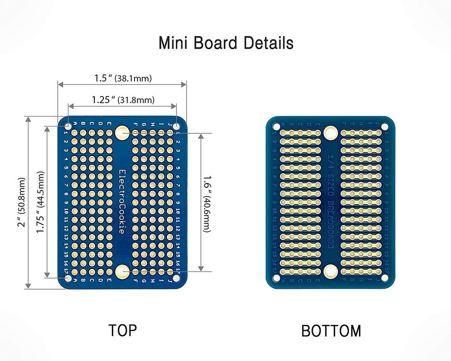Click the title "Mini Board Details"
(226, 43)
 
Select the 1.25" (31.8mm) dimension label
(123, 100)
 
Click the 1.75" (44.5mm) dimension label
(41, 202)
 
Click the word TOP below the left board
(122, 330)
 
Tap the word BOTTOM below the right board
(331, 331)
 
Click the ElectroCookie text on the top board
(121, 201)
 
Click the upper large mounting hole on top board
(122, 133)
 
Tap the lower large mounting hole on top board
(122, 272)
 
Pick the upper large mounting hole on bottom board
(331, 133)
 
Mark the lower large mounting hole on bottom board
(331, 271)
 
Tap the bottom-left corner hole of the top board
(67, 279)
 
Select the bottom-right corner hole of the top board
(176, 279)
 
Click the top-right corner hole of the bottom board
(385, 127)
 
